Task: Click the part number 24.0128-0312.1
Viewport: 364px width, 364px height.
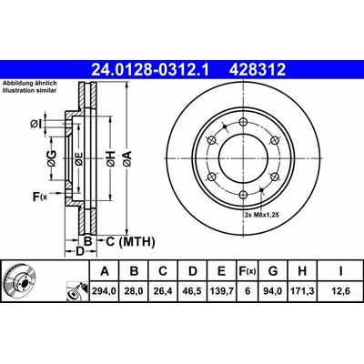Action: point(150,69)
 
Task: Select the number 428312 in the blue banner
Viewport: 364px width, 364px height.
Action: point(258,69)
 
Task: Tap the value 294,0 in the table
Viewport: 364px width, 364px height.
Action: point(105,291)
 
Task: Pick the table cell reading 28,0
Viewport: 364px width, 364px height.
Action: point(134,291)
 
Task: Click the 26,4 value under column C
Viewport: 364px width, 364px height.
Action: point(163,291)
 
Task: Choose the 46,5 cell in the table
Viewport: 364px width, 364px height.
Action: point(193,291)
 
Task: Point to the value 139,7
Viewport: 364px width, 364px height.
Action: point(221,291)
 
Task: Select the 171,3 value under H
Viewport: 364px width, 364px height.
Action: point(302,291)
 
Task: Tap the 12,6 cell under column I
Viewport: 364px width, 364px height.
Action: point(340,291)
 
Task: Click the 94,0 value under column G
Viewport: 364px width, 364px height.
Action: point(273,291)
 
